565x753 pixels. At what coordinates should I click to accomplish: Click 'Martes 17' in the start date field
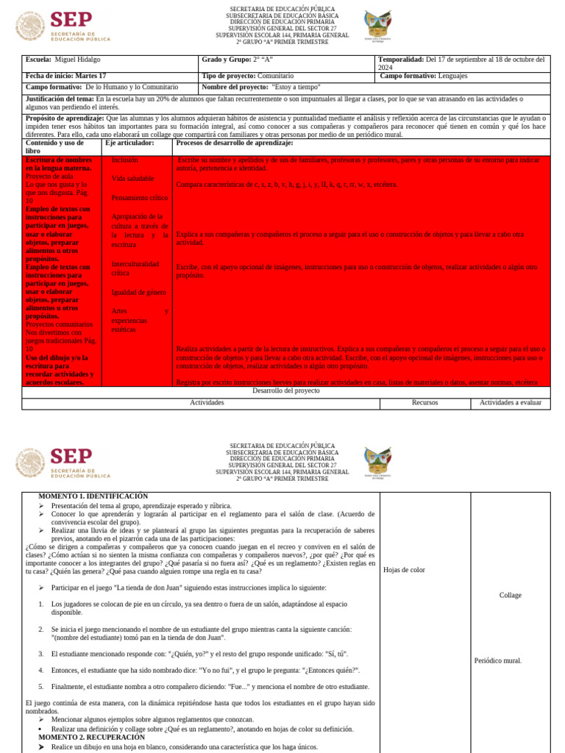click(x=89, y=76)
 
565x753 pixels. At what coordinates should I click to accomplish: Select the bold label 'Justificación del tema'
click(x=59, y=99)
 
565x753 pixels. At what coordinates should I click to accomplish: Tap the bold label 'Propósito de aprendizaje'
click(x=65, y=118)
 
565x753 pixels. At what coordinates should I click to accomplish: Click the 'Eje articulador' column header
click(x=129, y=143)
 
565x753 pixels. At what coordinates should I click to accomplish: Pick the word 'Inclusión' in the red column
click(x=124, y=160)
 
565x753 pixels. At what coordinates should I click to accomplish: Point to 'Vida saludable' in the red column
click(x=132, y=179)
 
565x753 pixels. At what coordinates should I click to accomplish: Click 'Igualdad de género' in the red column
click(x=138, y=293)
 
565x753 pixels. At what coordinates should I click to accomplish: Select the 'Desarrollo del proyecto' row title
click(x=285, y=391)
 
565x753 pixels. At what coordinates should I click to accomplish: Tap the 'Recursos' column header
click(x=424, y=403)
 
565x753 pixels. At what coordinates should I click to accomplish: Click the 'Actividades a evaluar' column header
click(x=510, y=403)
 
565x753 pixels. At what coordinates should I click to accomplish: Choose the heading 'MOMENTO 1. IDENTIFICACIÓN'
click(x=93, y=496)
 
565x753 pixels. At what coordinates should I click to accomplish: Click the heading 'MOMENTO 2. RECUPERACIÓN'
click(x=91, y=737)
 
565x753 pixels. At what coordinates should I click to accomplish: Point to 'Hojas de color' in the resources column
click(x=404, y=570)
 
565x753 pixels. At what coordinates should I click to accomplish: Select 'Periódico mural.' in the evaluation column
click(x=498, y=660)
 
